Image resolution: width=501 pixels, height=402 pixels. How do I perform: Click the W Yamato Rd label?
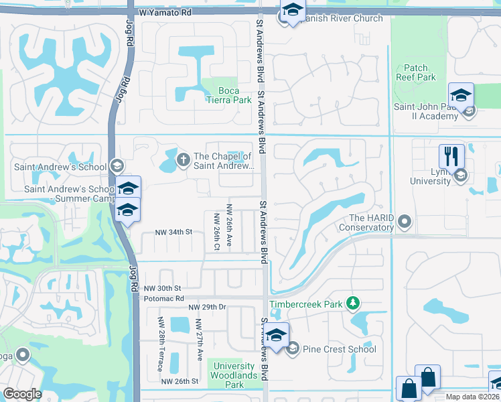tap(165, 13)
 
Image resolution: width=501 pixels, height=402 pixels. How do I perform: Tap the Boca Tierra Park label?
tap(226, 95)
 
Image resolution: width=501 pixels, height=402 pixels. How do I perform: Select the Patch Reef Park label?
tap(420, 72)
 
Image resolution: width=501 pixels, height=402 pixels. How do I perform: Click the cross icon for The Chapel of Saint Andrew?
tap(182, 159)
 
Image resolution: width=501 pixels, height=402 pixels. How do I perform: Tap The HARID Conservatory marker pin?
tap(404, 220)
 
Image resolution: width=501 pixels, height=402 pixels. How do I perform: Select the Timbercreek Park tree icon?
tap(352, 304)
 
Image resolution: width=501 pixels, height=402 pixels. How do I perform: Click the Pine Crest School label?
tap(340, 349)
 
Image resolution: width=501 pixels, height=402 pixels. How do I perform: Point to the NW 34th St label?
tap(173, 232)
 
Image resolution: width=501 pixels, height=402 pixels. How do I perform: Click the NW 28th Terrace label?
tap(161, 339)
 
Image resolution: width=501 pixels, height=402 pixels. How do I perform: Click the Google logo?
tap(22, 394)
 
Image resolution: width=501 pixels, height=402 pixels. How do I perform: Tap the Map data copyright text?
tap(472, 397)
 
